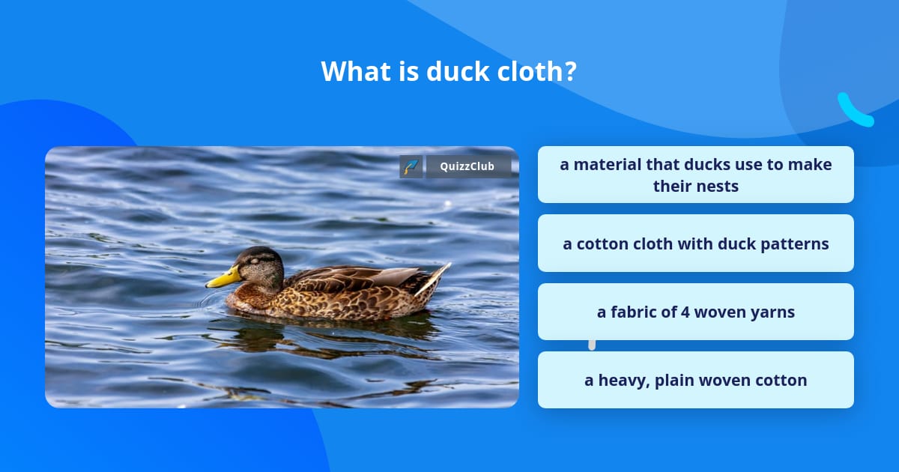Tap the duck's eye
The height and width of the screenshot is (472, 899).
(253, 261)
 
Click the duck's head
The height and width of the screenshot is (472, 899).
(258, 264)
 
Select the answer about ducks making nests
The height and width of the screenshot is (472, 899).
(695, 175)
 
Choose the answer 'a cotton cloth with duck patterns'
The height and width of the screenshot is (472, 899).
(695, 243)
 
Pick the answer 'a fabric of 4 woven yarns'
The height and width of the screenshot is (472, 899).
(695, 312)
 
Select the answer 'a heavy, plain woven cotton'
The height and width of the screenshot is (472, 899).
(695, 380)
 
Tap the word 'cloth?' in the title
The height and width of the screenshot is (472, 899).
(540, 71)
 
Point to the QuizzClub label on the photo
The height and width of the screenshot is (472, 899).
(468, 166)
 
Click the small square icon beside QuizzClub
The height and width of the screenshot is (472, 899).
(411, 166)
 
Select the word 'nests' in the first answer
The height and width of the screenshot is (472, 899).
(717, 186)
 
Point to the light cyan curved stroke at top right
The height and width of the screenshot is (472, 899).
(854, 110)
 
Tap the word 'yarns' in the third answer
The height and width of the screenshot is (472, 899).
(773, 312)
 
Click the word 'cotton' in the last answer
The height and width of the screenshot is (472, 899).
(780, 380)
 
